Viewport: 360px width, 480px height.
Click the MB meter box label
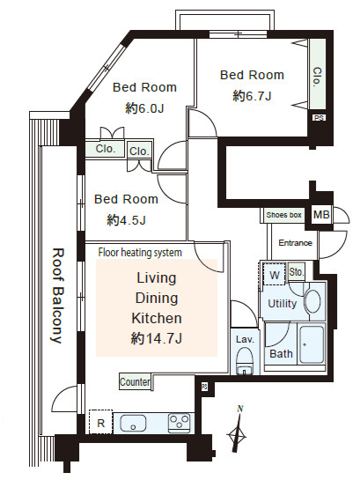(321, 215)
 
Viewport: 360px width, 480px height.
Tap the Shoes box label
(283, 215)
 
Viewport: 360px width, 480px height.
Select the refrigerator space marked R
(101, 422)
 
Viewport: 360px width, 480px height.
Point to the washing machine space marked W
(275, 275)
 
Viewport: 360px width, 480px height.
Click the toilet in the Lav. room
(245, 361)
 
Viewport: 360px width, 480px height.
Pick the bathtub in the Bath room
(312, 344)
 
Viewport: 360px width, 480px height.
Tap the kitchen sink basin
(133, 423)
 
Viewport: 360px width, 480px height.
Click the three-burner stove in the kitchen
(179, 423)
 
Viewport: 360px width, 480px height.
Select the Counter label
(135, 381)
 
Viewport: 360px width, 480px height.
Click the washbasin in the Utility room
(312, 301)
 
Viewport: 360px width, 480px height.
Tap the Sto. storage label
(296, 271)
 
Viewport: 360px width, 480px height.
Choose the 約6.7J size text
(252, 96)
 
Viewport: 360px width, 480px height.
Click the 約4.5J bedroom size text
(126, 220)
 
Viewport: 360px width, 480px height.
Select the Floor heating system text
(140, 253)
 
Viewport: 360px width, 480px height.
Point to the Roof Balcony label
(57, 295)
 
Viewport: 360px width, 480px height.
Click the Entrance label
(295, 243)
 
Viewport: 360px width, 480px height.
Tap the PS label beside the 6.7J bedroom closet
(319, 118)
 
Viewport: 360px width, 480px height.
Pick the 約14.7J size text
(157, 338)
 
